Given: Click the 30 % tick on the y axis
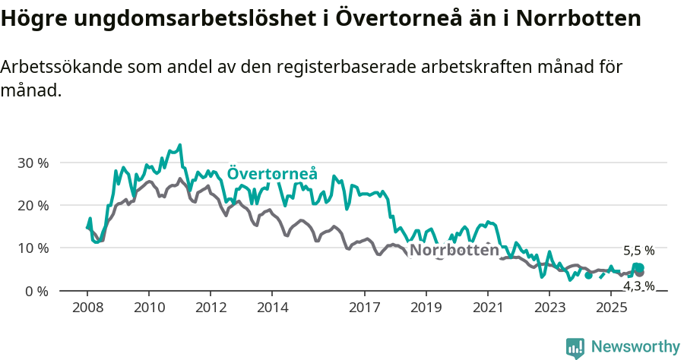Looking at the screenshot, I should point(33,163).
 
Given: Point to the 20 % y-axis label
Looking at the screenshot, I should point(33,205).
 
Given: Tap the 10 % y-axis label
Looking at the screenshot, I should point(33,248).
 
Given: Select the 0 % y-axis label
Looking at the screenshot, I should point(36,291).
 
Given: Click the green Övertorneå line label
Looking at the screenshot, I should point(272,173).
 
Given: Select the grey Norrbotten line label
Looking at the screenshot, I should point(454,250).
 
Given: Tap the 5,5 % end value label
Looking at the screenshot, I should point(638,251).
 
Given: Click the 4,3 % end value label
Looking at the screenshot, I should point(638,286).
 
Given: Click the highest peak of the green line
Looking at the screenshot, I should point(179,144).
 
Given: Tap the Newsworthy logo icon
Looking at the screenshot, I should point(575,348).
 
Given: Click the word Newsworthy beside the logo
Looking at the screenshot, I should point(635,347).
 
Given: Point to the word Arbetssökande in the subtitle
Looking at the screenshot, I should point(54,67).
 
